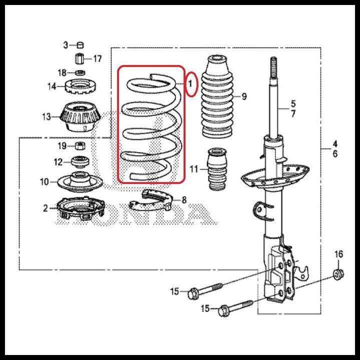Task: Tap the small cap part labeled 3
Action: [x=80, y=45]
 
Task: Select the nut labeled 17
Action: [x=79, y=58]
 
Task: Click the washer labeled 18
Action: [x=79, y=73]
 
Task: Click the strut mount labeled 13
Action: [x=80, y=117]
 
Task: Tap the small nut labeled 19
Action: [x=79, y=146]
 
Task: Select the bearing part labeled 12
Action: [x=80, y=161]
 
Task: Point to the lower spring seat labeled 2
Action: [x=80, y=209]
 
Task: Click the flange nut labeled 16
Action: [x=338, y=274]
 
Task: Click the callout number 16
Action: [x=338, y=254]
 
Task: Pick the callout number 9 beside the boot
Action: [x=244, y=96]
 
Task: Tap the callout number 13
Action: [x=46, y=117]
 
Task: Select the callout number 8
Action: [x=184, y=200]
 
